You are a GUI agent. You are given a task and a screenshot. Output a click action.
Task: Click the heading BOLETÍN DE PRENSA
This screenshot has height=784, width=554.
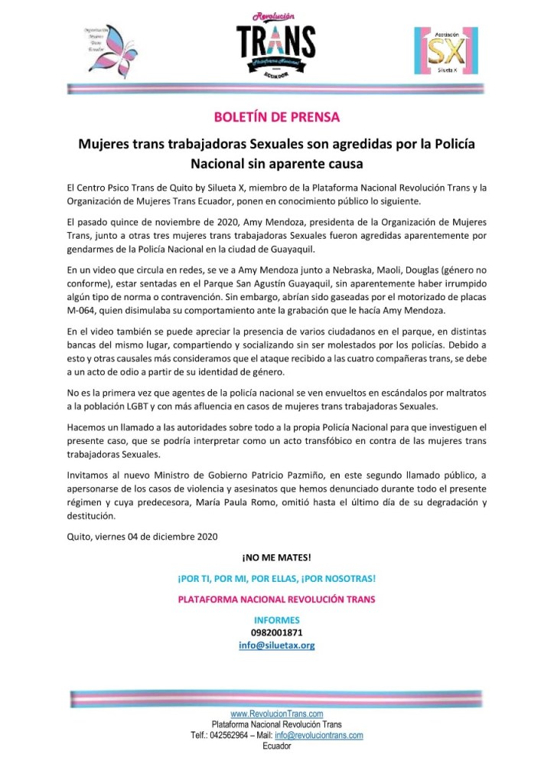pos(276,118)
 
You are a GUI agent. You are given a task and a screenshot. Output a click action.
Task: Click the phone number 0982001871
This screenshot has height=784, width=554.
pos(276,632)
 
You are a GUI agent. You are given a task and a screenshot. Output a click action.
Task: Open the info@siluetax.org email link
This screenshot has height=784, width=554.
pos(276,645)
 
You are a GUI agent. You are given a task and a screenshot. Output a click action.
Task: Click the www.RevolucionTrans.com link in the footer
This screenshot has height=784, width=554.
pos(276,714)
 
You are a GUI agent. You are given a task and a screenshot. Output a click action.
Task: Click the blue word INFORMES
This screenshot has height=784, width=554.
pos(276,619)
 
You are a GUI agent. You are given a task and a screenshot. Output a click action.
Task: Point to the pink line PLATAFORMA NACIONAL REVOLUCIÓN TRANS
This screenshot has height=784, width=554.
pos(276,599)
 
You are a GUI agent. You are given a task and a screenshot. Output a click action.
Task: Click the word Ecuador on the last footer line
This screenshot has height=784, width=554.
pos(276,746)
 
